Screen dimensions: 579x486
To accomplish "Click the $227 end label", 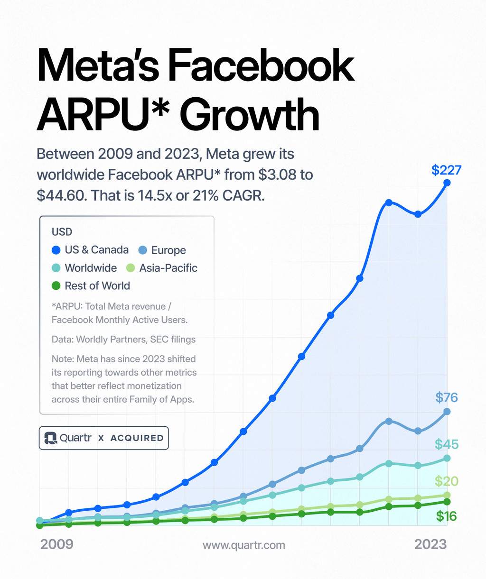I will click(446, 170).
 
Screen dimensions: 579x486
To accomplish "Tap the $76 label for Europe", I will click(446, 397).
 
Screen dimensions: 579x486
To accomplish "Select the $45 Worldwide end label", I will click(446, 444).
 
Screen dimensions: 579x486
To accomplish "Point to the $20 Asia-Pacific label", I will click(446, 481).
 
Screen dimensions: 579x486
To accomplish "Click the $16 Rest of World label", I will click(446, 516).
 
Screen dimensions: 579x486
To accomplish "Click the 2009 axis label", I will click(57, 544).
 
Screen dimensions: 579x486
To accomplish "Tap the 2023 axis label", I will click(430, 544).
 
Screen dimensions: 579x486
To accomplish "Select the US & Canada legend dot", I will click(56, 250).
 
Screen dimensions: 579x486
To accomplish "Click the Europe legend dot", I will click(143, 250).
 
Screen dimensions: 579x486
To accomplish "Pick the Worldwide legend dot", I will click(56, 268).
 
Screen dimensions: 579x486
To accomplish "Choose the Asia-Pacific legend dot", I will click(131, 268).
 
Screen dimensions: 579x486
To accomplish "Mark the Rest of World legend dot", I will click(56, 286).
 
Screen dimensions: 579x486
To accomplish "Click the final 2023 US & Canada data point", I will click(447, 183).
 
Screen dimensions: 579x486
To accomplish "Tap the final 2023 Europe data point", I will click(447, 412).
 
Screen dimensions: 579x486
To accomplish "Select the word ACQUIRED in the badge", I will click(137, 438).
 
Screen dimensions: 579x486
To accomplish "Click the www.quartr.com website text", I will click(244, 545).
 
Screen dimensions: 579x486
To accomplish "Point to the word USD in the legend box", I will click(62, 232).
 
